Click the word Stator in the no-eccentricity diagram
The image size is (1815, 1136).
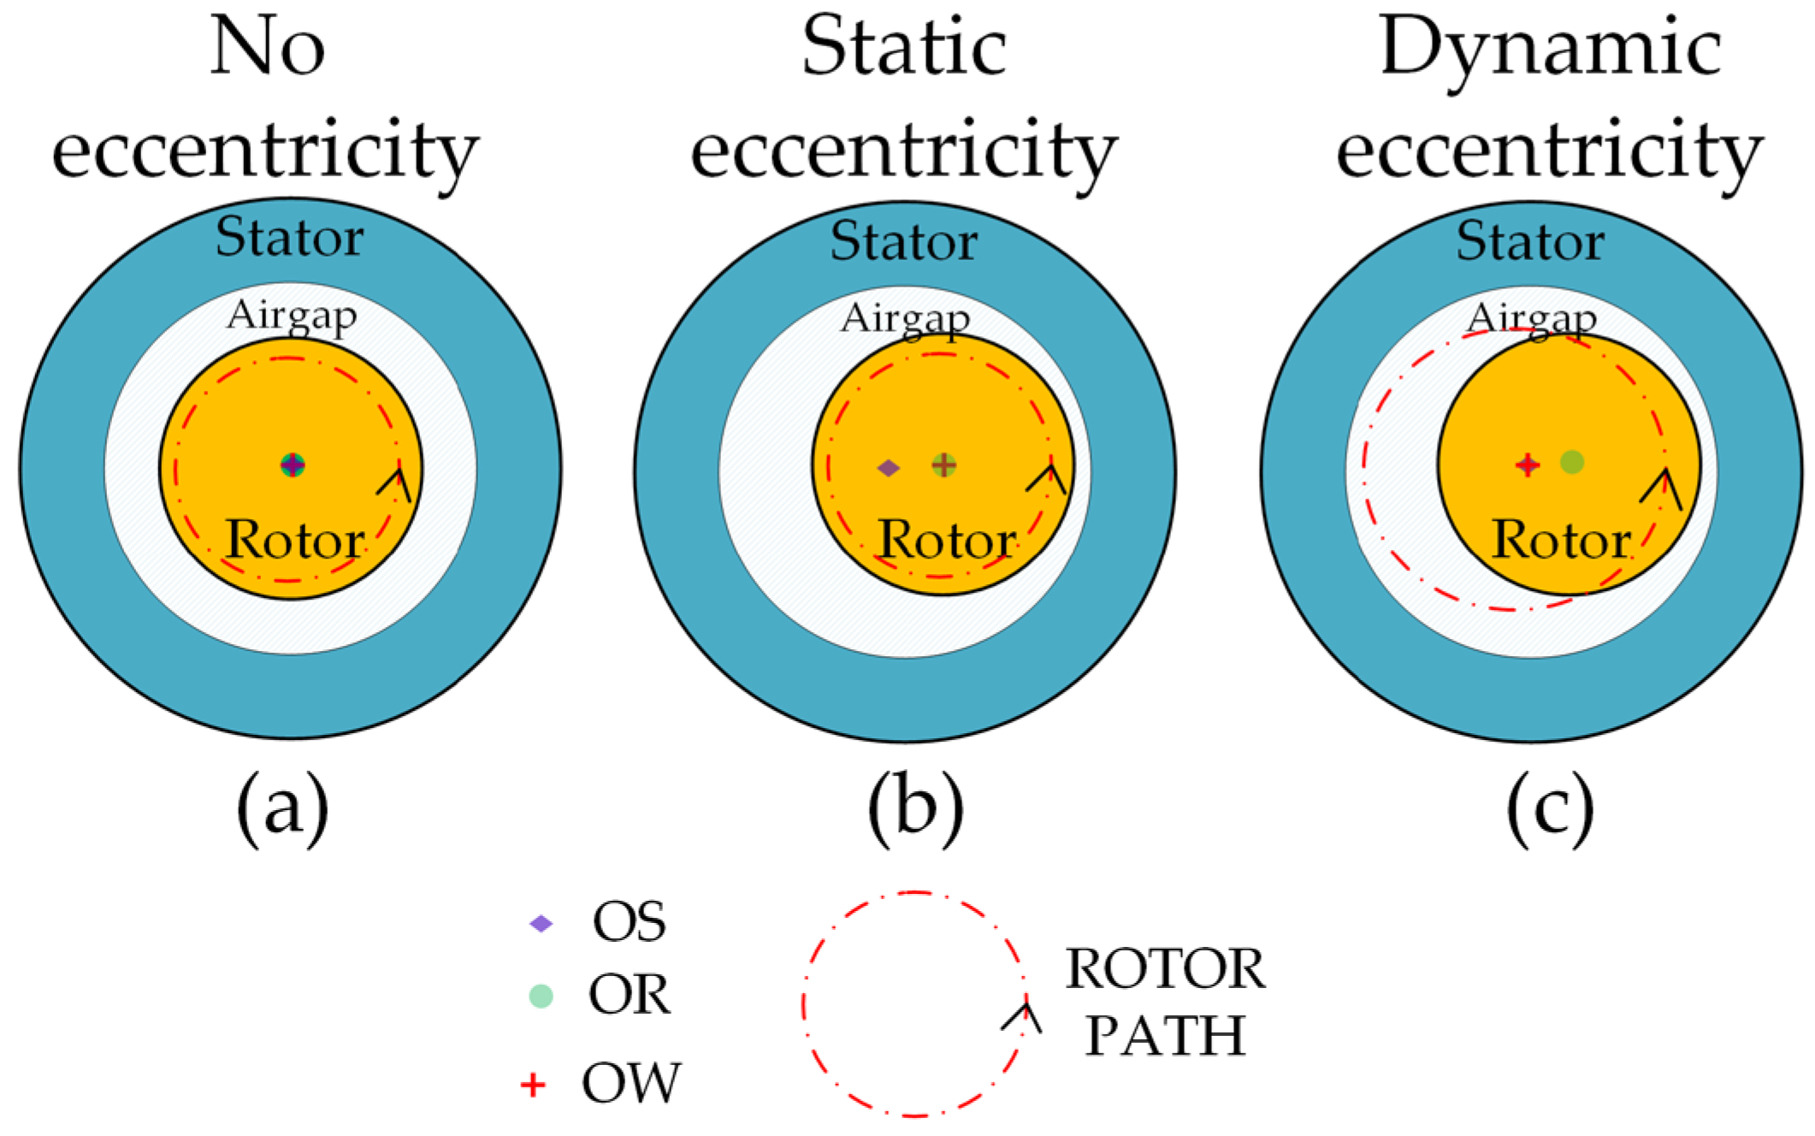(289, 237)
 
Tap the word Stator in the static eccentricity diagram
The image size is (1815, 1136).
(904, 241)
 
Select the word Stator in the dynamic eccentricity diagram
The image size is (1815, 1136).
(1530, 241)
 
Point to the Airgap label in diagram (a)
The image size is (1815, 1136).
(292, 317)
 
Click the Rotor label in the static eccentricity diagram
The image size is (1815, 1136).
(948, 541)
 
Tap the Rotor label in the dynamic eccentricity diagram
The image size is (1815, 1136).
(1562, 541)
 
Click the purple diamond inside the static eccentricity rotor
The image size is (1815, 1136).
(889, 468)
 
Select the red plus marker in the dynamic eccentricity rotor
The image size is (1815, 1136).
(1527, 464)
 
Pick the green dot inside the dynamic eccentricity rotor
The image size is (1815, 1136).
(1572, 463)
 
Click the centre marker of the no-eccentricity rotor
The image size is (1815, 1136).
(293, 464)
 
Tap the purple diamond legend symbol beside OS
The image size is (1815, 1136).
(541, 924)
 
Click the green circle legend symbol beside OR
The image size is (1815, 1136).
(541, 996)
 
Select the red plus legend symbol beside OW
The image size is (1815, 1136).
(533, 1085)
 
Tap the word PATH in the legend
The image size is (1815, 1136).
(1165, 1036)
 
